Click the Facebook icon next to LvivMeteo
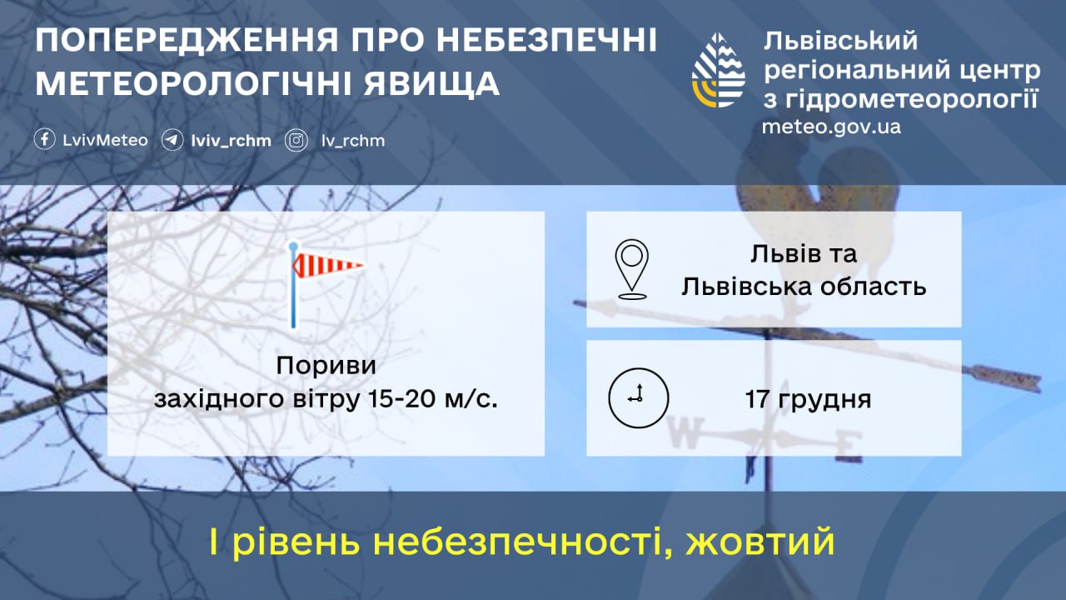click(x=45, y=140)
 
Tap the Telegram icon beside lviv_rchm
click(x=172, y=140)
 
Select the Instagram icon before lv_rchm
click(x=296, y=140)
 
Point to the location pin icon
click(x=633, y=269)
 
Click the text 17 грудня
click(x=808, y=399)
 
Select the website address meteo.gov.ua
click(x=831, y=127)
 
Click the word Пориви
click(x=326, y=366)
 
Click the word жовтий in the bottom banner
click(x=760, y=543)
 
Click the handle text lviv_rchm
click(x=231, y=141)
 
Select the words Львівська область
click(x=804, y=286)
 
